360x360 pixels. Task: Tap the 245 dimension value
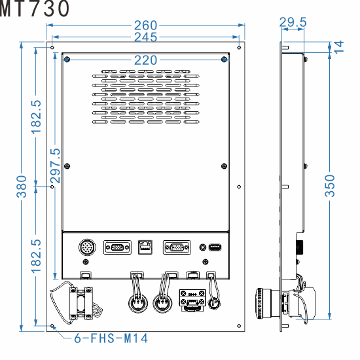click(145, 37)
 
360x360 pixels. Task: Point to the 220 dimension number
click(145, 60)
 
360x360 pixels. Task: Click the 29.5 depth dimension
click(293, 23)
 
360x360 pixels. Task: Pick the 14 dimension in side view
click(338, 45)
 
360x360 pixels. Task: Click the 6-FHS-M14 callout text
click(111, 338)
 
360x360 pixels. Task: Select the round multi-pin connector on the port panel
click(87, 248)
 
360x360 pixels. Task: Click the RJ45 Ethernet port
click(145, 247)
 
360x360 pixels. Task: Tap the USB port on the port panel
click(216, 247)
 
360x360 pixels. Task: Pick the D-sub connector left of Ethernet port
click(117, 247)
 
